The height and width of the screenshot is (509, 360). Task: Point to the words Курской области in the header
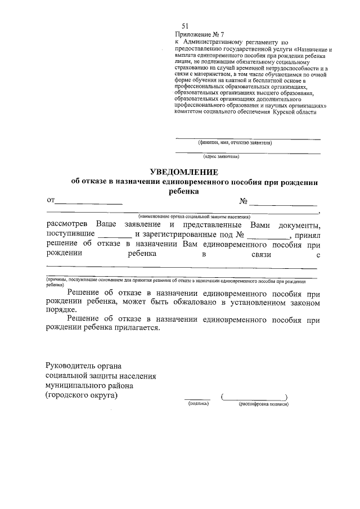tap(295, 111)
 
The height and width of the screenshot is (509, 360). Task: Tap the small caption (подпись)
tap(198, 404)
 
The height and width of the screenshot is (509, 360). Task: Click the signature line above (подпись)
tap(197, 399)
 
